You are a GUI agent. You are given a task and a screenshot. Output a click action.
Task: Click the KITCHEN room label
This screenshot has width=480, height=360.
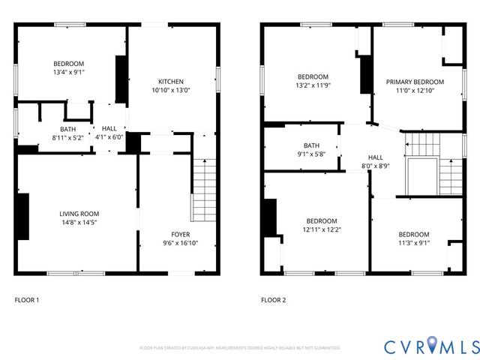pyautogui.click(x=171, y=82)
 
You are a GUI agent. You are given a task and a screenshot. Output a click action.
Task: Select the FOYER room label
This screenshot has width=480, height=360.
pyautogui.click(x=181, y=234)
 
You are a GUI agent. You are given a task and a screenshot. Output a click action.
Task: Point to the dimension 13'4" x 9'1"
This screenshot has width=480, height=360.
pyautogui.click(x=68, y=73)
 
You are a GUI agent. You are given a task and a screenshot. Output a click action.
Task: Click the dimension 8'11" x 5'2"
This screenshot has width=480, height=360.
pyautogui.click(x=68, y=138)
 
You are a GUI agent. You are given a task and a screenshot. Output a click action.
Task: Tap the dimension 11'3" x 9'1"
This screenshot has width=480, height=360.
pyautogui.click(x=414, y=243)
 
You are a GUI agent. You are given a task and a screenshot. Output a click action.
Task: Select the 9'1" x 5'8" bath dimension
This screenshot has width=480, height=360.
pyautogui.click(x=311, y=154)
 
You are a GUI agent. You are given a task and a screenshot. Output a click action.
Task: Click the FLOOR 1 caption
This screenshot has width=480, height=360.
pyautogui.click(x=27, y=300)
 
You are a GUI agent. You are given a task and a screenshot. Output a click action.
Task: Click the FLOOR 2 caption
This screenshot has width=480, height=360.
pyautogui.click(x=273, y=300)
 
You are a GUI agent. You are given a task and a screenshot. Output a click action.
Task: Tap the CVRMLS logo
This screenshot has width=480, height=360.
pyautogui.click(x=431, y=346)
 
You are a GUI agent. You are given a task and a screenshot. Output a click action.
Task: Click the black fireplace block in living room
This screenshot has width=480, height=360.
pyautogui.click(x=22, y=217)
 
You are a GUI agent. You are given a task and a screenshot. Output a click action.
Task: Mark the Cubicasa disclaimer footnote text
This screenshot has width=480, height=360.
pyautogui.click(x=240, y=348)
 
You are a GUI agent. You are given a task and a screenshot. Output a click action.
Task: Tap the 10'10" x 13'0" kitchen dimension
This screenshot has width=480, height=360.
pyautogui.click(x=171, y=91)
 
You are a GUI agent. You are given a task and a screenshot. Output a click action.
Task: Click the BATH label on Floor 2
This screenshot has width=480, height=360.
pyautogui.click(x=311, y=145)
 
